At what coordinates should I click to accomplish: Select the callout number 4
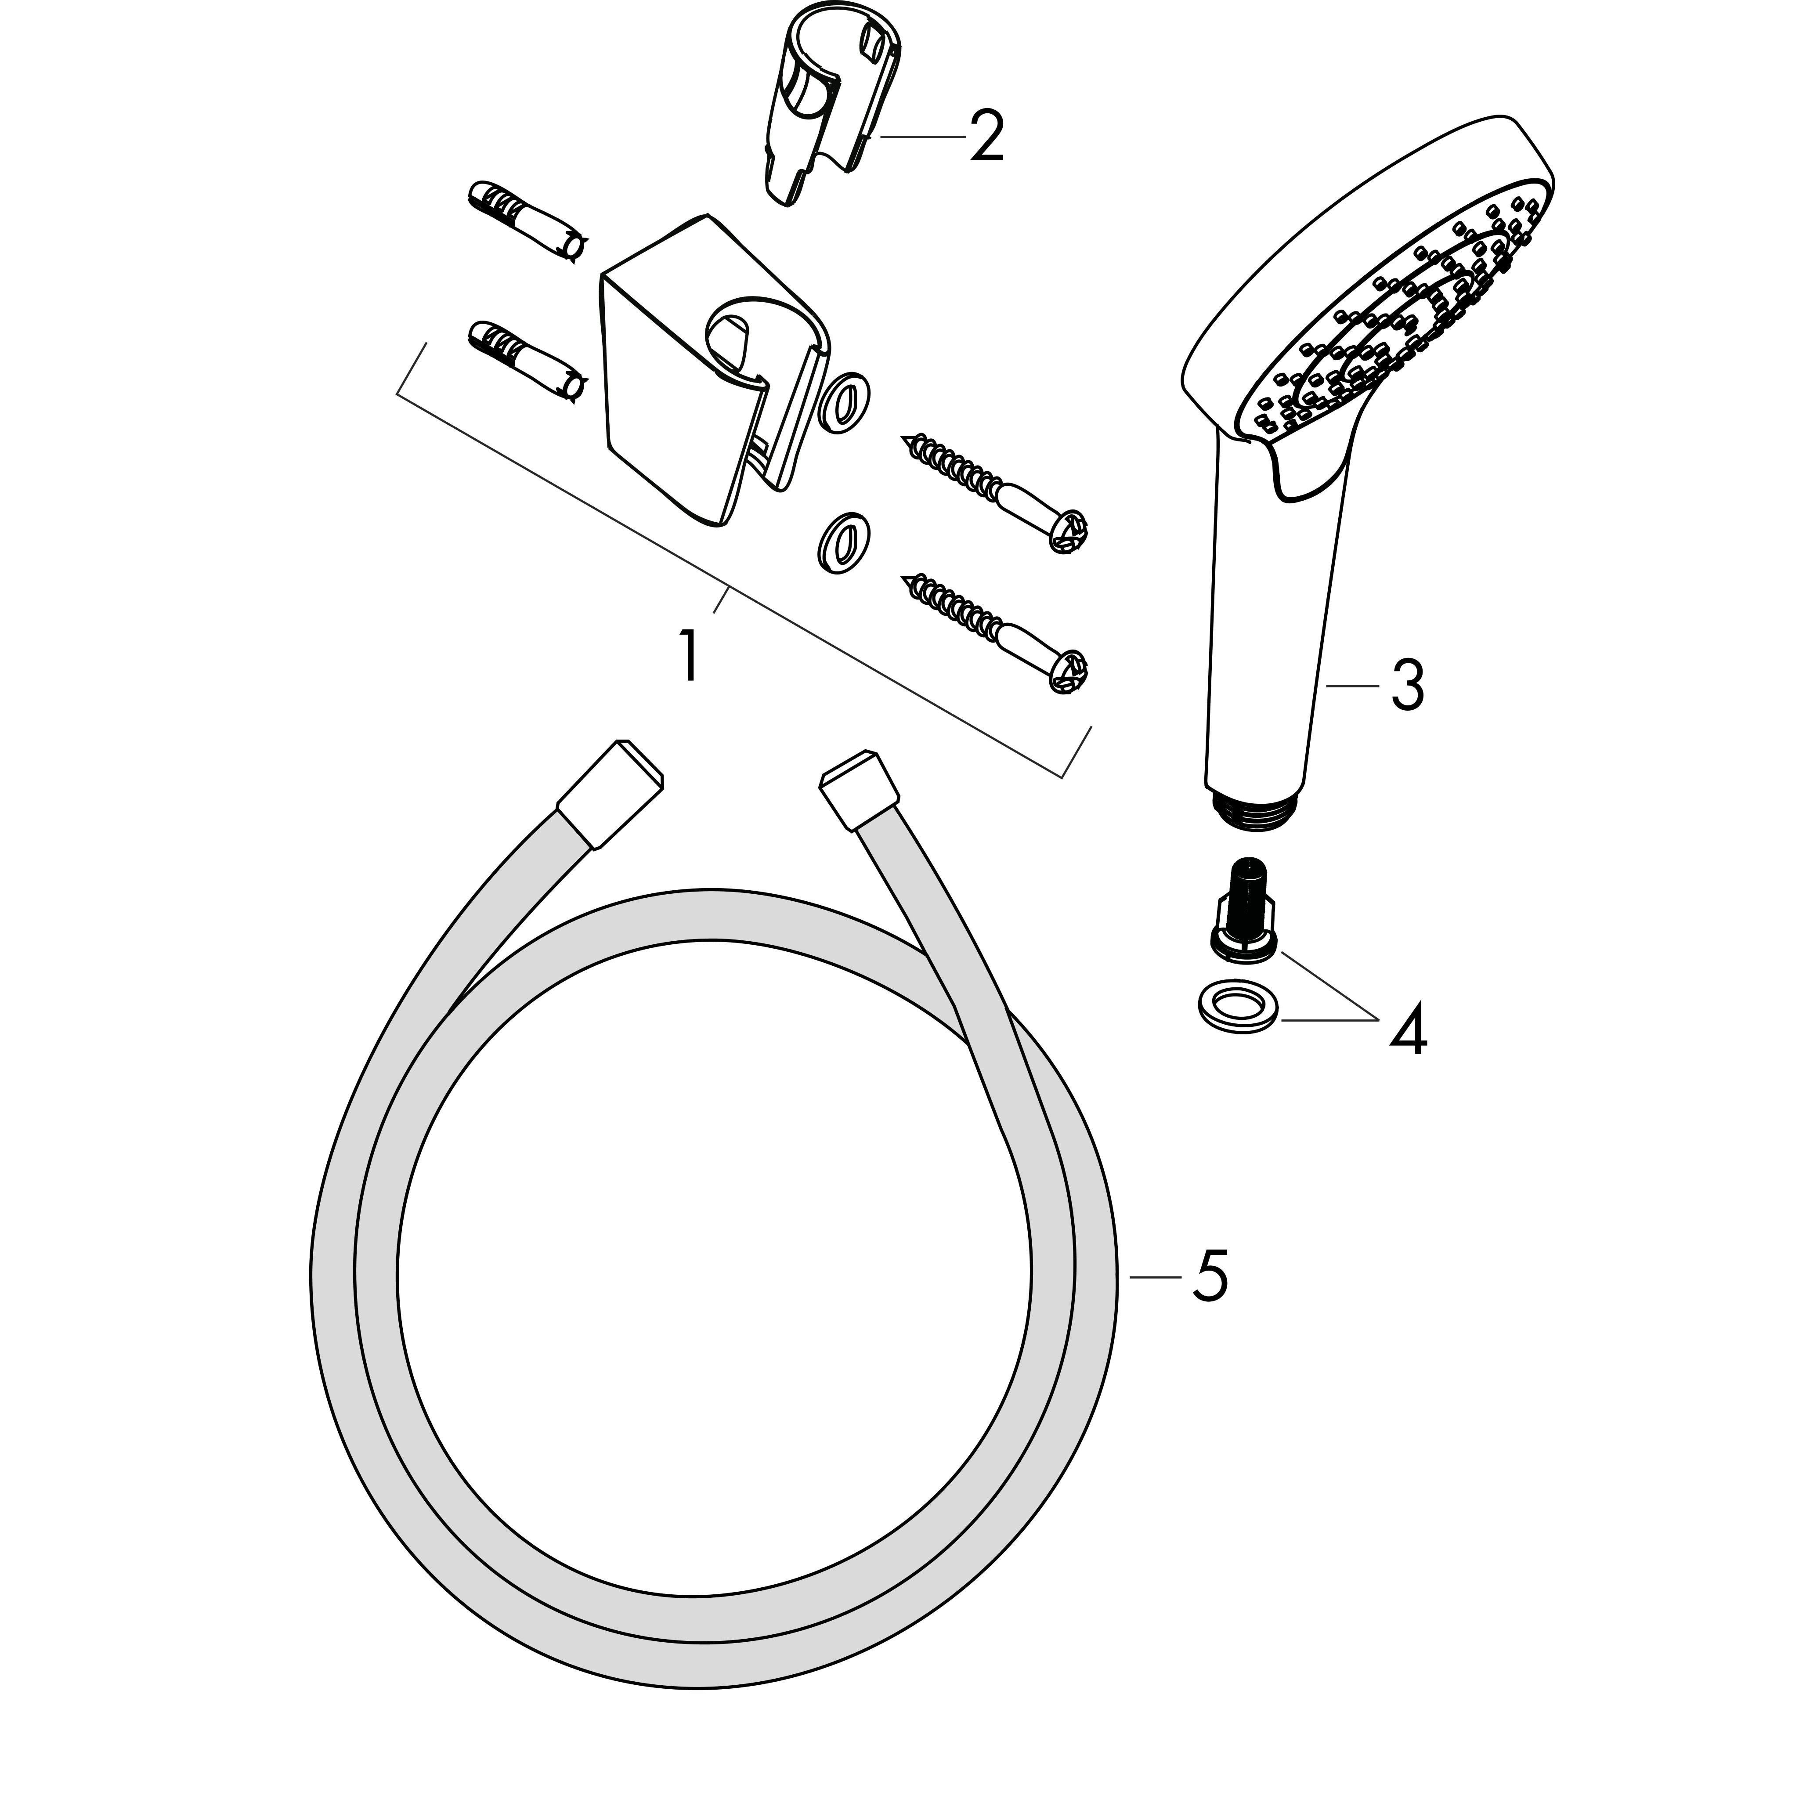coord(1408,1030)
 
